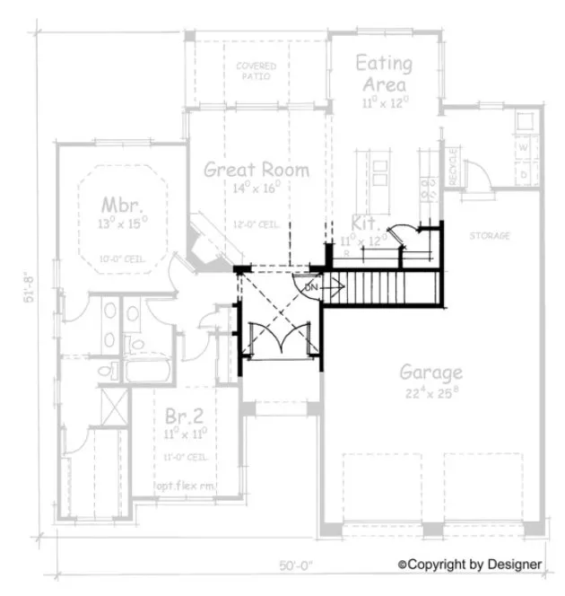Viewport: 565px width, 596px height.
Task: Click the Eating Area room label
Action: [383, 74]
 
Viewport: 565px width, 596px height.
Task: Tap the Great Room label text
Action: [256, 169]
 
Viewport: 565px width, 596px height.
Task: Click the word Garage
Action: [430, 372]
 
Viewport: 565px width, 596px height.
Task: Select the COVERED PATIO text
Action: [256, 72]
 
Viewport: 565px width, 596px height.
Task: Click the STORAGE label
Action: [490, 236]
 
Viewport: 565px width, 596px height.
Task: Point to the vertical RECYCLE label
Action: [453, 166]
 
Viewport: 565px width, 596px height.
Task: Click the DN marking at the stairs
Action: [311, 286]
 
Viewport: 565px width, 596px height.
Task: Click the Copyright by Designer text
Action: [470, 564]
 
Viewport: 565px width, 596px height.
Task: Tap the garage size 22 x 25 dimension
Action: [430, 392]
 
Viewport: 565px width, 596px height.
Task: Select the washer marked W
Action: [523, 145]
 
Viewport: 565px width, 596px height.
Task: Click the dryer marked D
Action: [523, 171]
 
